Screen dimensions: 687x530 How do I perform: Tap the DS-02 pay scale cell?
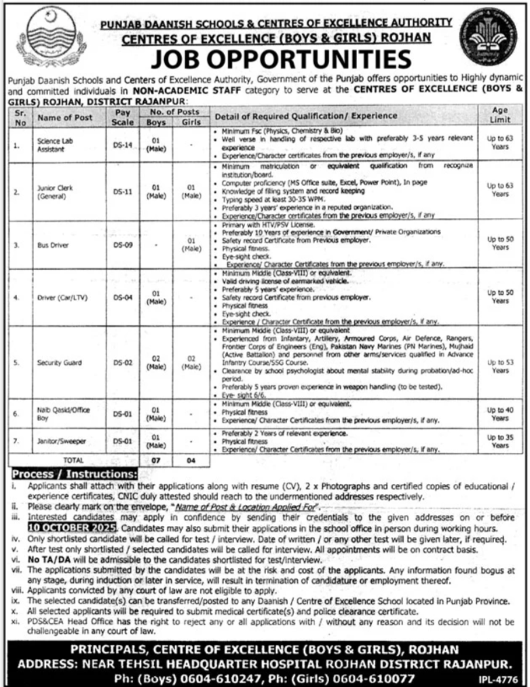pyautogui.click(x=123, y=363)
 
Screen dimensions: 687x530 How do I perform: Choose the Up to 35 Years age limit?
pyautogui.click(x=500, y=441)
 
